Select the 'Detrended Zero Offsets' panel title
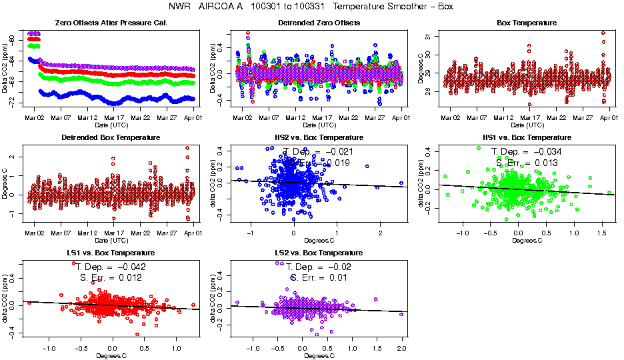pyautogui.click(x=319, y=23)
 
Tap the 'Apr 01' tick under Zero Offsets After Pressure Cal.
pyautogui.click(x=192, y=117)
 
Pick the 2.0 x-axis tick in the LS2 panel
pyautogui.click(x=401, y=348)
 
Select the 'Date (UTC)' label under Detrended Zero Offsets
pyautogui.click(x=319, y=125)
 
